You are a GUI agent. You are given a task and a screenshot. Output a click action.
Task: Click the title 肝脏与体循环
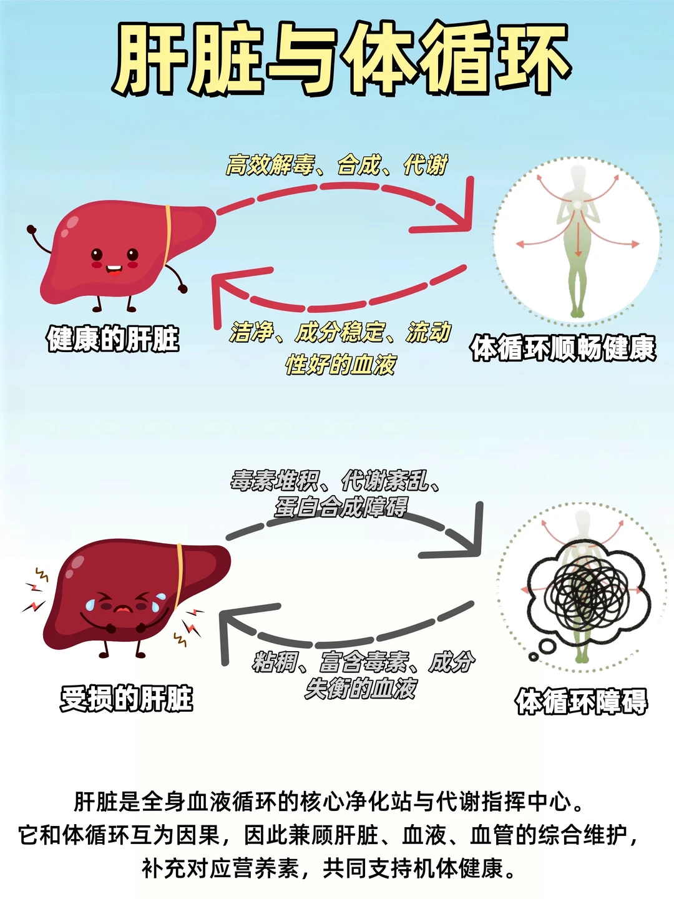pyautogui.click(x=340, y=59)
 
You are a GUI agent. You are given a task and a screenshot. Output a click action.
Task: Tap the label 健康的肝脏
pyautogui.click(x=113, y=340)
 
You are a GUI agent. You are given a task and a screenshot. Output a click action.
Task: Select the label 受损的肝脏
pyautogui.click(x=127, y=699)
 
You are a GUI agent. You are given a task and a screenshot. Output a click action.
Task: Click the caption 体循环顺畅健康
pyautogui.click(x=563, y=348)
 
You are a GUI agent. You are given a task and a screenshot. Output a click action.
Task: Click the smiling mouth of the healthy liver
pyautogui.click(x=114, y=270)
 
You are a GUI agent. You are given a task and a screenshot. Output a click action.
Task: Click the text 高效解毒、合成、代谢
pyautogui.click(x=337, y=165)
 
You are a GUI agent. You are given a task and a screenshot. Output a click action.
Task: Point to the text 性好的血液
pyautogui.click(x=341, y=365)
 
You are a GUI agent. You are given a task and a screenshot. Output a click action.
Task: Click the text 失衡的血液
pyautogui.click(x=361, y=689)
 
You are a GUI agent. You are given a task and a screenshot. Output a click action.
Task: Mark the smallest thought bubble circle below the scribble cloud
pyautogui.click(x=533, y=656)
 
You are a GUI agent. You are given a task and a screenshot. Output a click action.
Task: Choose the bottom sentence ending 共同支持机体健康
pyautogui.click(x=330, y=868)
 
